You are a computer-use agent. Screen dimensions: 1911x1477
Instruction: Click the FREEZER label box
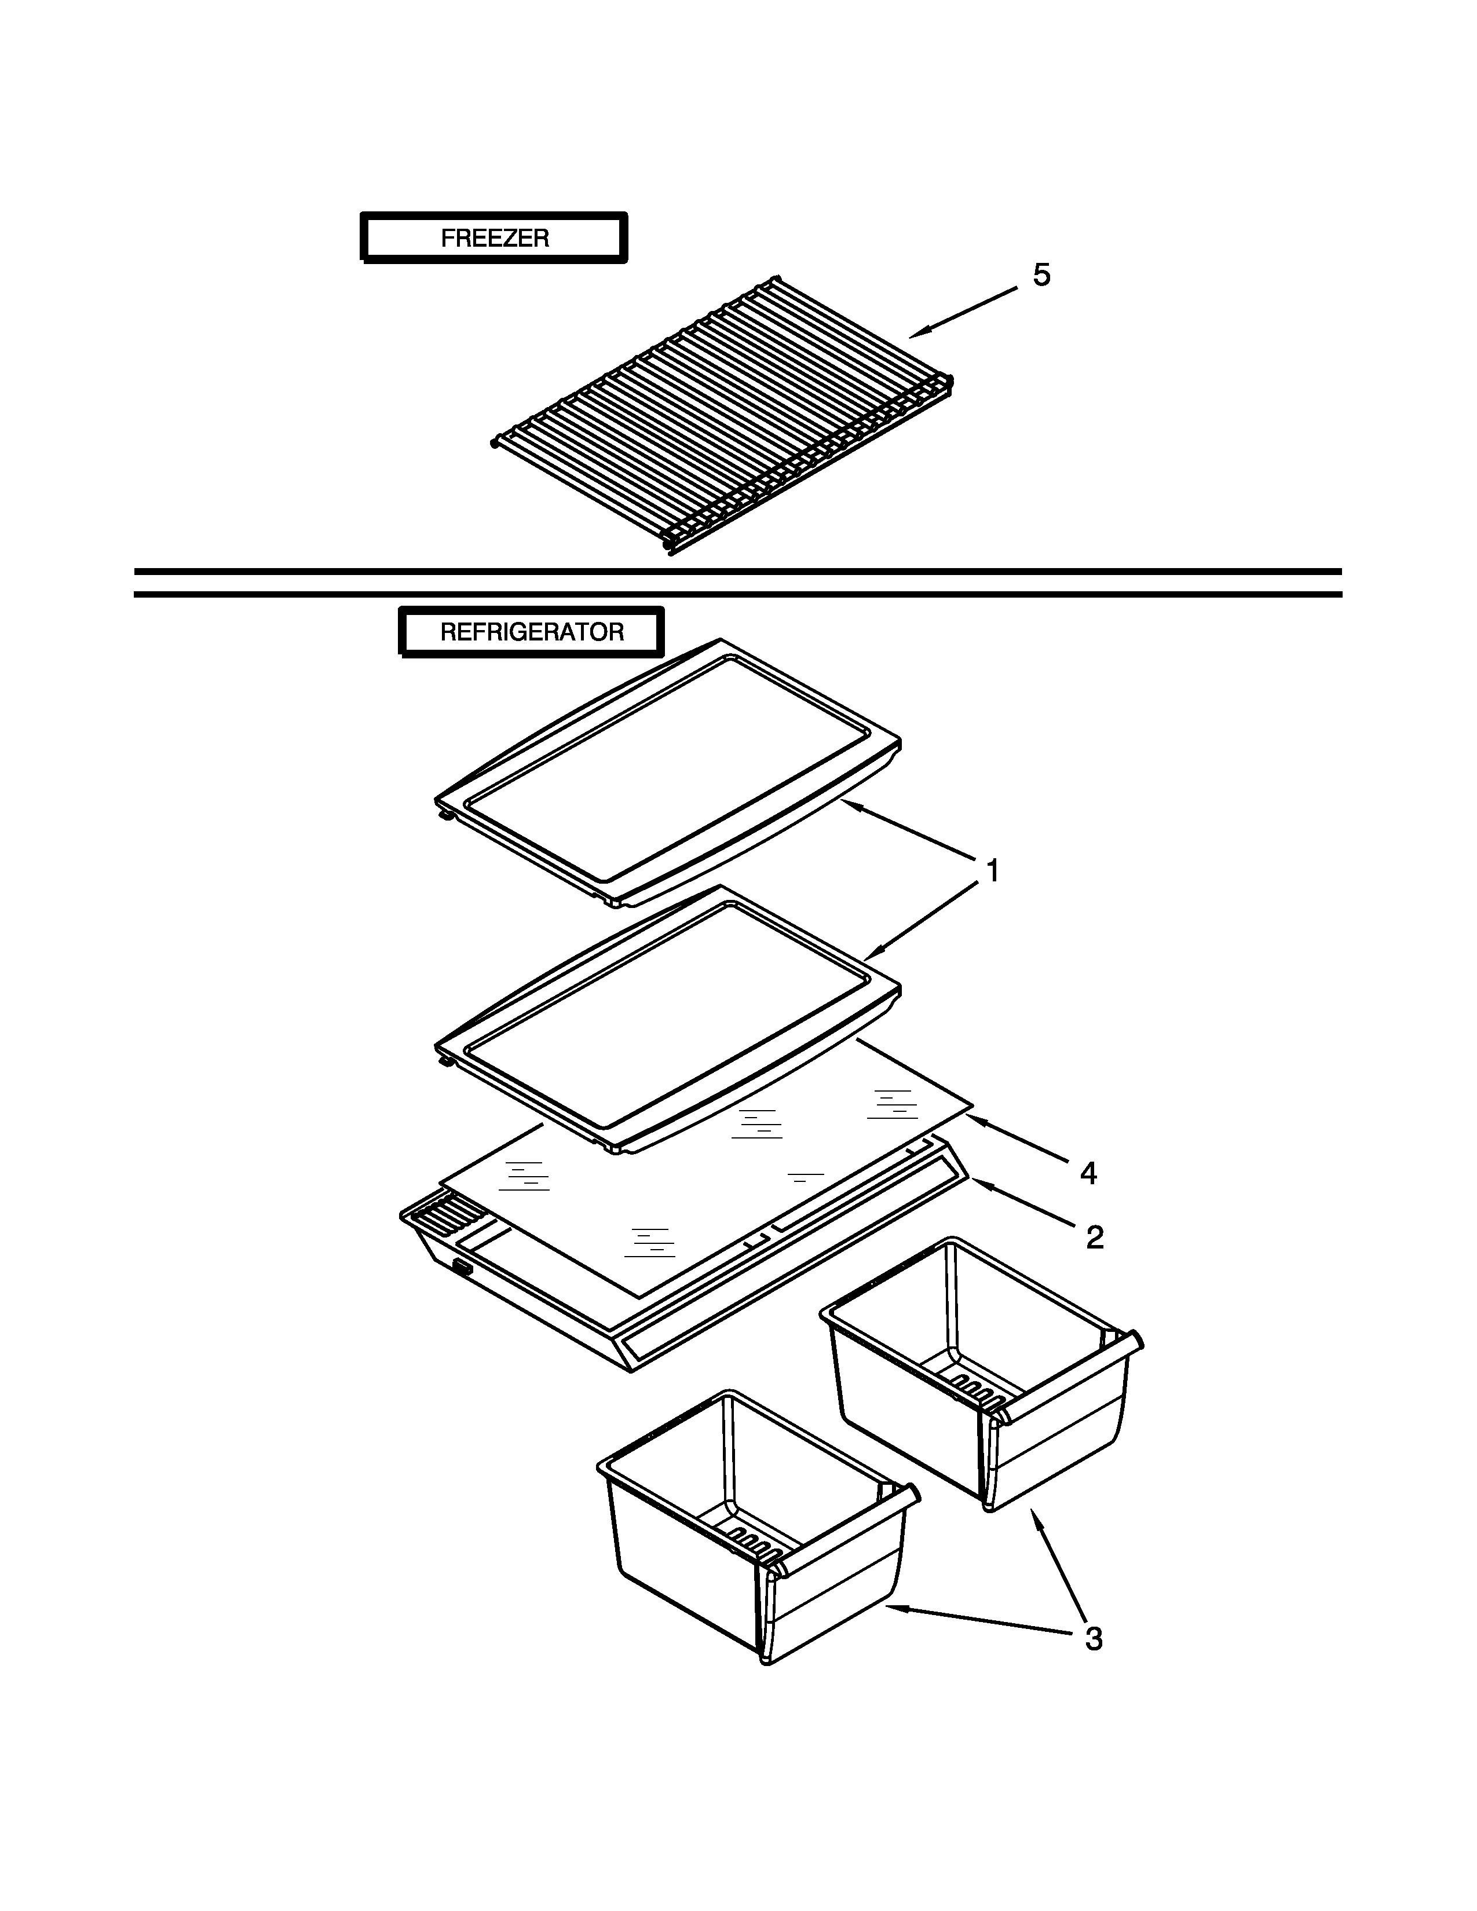(x=495, y=238)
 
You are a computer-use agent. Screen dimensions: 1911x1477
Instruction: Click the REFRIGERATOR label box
(x=532, y=632)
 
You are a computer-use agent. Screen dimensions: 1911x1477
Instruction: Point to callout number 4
(x=1088, y=1173)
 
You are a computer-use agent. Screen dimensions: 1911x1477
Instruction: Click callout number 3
(x=1094, y=1639)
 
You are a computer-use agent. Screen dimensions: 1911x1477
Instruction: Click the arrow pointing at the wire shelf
(x=963, y=312)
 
